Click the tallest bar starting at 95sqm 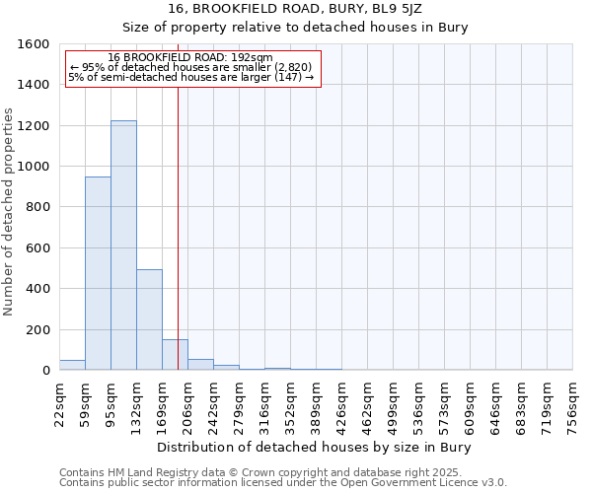[x=123, y=246]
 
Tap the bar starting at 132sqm [x=149, y=320]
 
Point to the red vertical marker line [x=178, y=227]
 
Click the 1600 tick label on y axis [x=34, y=44]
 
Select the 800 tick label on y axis [x=37, y=207]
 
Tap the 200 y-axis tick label [x=37, y=329]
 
